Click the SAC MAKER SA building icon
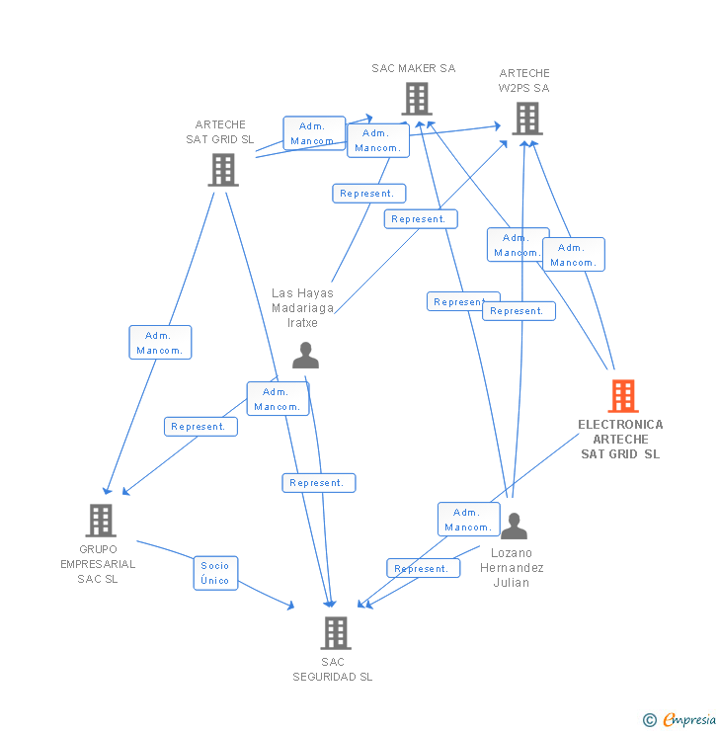416,99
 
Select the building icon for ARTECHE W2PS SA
526,119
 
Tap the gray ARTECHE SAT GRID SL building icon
223,169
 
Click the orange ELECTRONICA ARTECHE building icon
622,396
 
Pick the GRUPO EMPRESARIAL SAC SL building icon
100,520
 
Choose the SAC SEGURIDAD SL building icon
335,632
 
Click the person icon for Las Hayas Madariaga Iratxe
305,355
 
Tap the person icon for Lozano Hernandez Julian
514,526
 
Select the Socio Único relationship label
215,573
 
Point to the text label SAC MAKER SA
414,68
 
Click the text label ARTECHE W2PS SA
524,80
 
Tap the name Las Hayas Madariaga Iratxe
302,307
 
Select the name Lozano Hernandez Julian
512,568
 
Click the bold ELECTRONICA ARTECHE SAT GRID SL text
620,440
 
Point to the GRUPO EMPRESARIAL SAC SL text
98,564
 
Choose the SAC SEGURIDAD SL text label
333,670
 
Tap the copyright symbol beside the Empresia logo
650,720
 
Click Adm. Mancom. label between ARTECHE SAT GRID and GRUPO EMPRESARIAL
160,343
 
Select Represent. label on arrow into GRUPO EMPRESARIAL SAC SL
200,427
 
